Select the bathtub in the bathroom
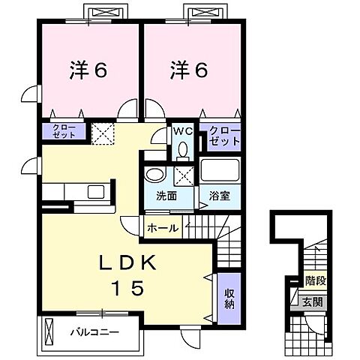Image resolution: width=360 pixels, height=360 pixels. [x=219, y=171]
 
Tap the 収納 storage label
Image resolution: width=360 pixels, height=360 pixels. [x=229, y=298]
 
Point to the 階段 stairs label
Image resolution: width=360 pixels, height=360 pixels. [x=314, y=282]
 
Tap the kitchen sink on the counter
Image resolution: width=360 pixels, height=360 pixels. [x=97, y=191]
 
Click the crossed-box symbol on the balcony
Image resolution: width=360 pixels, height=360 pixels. [x=50, y=330]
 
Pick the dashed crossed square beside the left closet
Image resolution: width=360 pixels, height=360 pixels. [x=101, y=133]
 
